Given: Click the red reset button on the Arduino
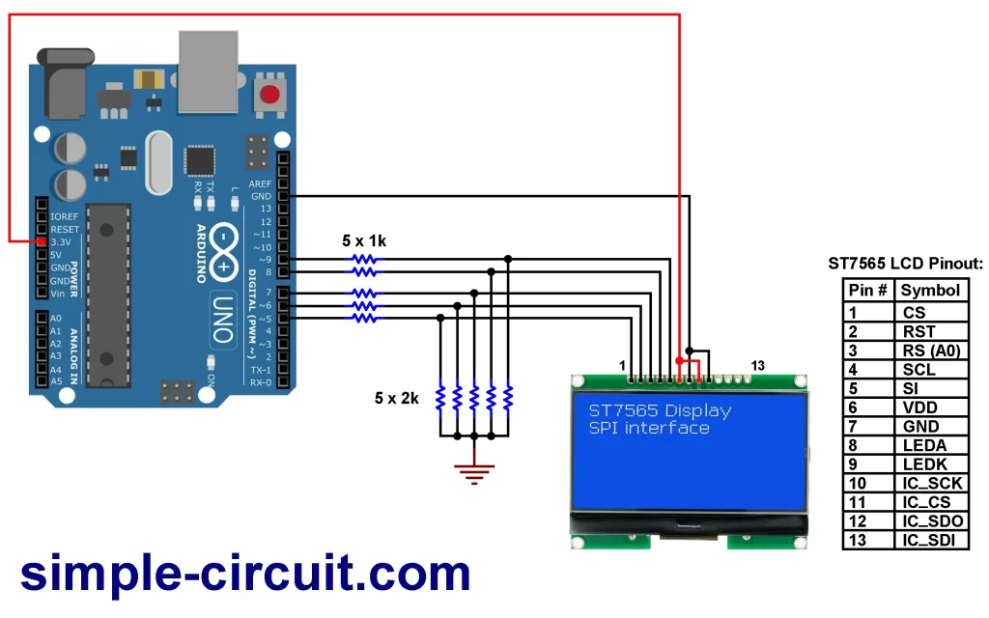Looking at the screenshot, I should click(x=269, y=96).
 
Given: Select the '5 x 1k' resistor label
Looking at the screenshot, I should click(x=364, y=241).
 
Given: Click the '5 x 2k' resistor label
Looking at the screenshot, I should click(x=397, y=398).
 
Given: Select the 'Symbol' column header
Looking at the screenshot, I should click(x=930, y=290).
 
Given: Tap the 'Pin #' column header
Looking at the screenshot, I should click(x=867, y=290).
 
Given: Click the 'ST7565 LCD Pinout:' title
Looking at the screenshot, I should click(x=905, y=263).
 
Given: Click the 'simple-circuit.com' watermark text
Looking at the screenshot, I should click(x=245, y=574).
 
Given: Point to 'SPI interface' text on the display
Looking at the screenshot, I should click(x=649, y=428).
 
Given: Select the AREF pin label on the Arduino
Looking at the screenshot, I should click(x=260, y=183).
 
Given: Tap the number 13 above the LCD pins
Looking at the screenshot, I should click(x=757, y=365).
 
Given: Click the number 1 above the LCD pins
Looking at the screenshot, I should click(x=622, y=365).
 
